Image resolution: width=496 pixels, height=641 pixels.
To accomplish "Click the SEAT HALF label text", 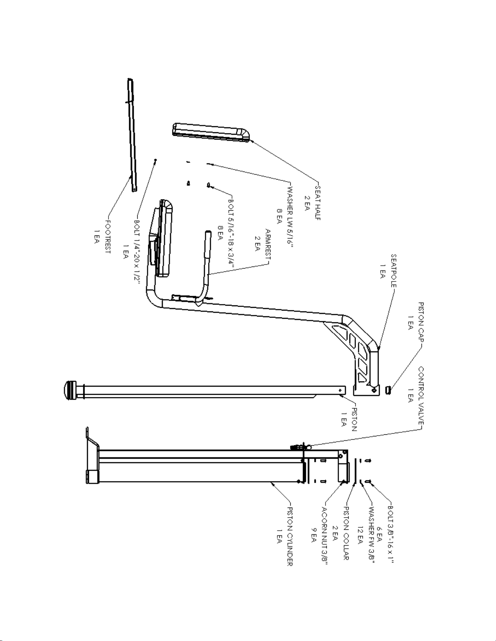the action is pos(318,203).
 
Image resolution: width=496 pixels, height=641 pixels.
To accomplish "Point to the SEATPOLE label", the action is pos(394,271).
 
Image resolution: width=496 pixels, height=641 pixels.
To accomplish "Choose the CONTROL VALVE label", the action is pos(421,396).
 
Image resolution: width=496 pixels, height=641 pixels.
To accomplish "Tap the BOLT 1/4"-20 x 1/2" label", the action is pos(137,252).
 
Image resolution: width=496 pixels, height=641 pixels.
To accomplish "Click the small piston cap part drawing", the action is pos(389,390).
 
